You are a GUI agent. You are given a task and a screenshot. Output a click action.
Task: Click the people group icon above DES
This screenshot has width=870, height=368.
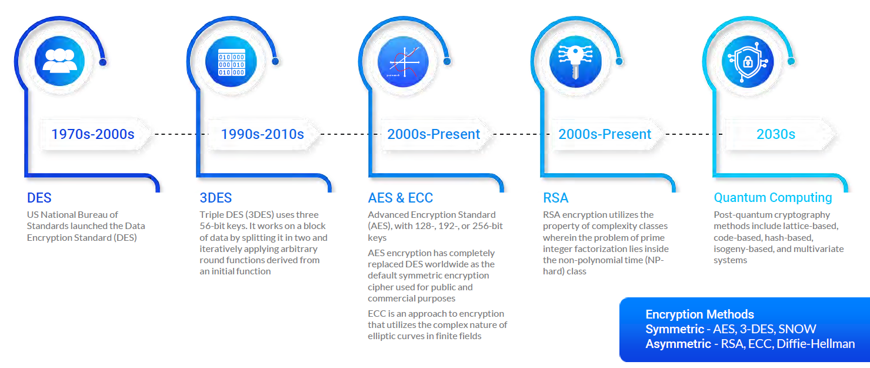click(59, 61)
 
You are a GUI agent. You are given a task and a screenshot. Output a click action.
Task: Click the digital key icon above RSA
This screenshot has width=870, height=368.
click(576, 61)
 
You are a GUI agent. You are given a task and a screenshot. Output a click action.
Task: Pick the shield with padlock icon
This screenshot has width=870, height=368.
click(748, 62)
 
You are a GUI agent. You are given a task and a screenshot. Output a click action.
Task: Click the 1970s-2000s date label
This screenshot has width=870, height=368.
click(93, 134)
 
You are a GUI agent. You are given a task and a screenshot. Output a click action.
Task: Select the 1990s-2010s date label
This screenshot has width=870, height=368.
click(262, 134)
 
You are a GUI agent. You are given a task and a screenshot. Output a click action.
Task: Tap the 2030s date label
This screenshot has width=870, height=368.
click(776, 134)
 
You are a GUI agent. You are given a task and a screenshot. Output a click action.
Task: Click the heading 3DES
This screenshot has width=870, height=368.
click(215, 198)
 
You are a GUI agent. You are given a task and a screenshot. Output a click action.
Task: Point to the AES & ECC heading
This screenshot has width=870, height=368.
click(401, 198)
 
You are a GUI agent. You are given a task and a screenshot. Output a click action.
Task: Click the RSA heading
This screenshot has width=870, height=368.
click(555, 198)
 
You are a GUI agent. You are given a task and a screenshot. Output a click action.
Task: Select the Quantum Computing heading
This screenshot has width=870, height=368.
click(773, 197)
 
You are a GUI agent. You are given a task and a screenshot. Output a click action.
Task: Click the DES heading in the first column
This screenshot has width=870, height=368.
click(39, 198)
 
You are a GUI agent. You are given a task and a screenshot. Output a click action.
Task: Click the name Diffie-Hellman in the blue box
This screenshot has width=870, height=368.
click(816, 344)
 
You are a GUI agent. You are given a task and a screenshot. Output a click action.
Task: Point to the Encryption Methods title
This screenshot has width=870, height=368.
click(700, 314)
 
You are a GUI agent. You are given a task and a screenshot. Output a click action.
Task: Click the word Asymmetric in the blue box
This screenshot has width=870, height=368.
click(678, 344)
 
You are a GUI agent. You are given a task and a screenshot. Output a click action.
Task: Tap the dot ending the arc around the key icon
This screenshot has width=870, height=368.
click(619, 61)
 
